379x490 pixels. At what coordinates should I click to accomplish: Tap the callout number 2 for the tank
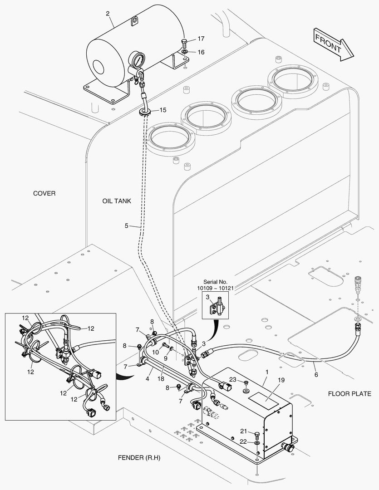coord(108,14)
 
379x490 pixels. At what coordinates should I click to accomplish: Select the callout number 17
coord(201,39)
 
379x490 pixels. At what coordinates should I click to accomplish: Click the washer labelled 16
coord(184,52)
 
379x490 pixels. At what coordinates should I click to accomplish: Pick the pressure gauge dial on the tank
coord(138,59)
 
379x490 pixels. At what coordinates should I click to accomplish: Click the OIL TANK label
coord(117,201)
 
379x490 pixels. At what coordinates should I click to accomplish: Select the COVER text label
coord(44,193)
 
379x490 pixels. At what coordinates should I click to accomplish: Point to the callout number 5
coord(126,225)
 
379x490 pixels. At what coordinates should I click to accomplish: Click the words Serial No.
coord(216,282)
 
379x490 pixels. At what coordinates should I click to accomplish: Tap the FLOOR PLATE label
coord(349,394)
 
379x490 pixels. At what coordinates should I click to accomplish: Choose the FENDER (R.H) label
coord(139,458)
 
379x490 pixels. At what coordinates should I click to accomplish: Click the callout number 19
coord(281,380)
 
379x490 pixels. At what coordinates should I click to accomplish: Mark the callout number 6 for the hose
coord(316,374)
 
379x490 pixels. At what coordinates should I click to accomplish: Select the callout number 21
coord(244,431)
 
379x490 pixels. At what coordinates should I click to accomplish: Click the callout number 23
coord(233,380)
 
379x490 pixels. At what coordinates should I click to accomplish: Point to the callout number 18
coord(161,379)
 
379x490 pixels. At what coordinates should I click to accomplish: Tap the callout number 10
coord(155,352)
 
